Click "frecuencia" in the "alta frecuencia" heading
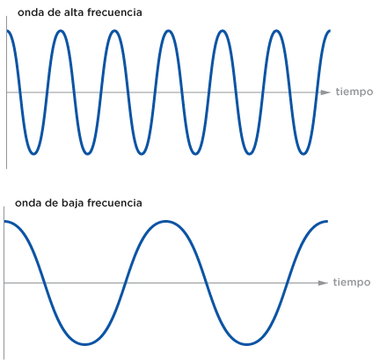114,12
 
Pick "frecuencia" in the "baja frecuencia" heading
114,203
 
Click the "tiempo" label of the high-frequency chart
354,92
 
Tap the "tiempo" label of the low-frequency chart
352,283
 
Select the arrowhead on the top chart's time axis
325,92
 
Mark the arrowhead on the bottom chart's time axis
323,283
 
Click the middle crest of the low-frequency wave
166,221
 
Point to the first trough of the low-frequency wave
85,344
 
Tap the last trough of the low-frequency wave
247,344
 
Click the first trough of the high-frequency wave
33,153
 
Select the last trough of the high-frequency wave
303,153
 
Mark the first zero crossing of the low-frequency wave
45,283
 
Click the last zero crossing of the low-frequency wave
288,283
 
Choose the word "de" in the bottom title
51,203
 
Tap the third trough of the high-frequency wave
142,153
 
